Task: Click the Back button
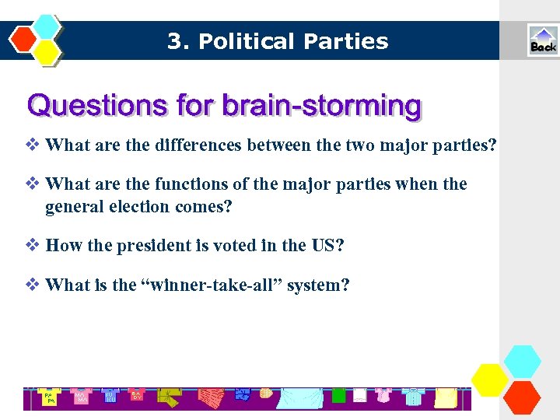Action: tap(542, 40)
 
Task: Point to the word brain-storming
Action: tap(322, 105)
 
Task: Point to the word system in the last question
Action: tap(317, 285)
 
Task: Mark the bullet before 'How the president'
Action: tap(33, 245)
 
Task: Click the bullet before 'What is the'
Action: tap(33, 284)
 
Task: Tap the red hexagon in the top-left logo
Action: tap(25, 38)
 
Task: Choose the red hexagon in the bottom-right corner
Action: tap(521, 397)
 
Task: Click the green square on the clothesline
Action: tap(338, 396)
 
